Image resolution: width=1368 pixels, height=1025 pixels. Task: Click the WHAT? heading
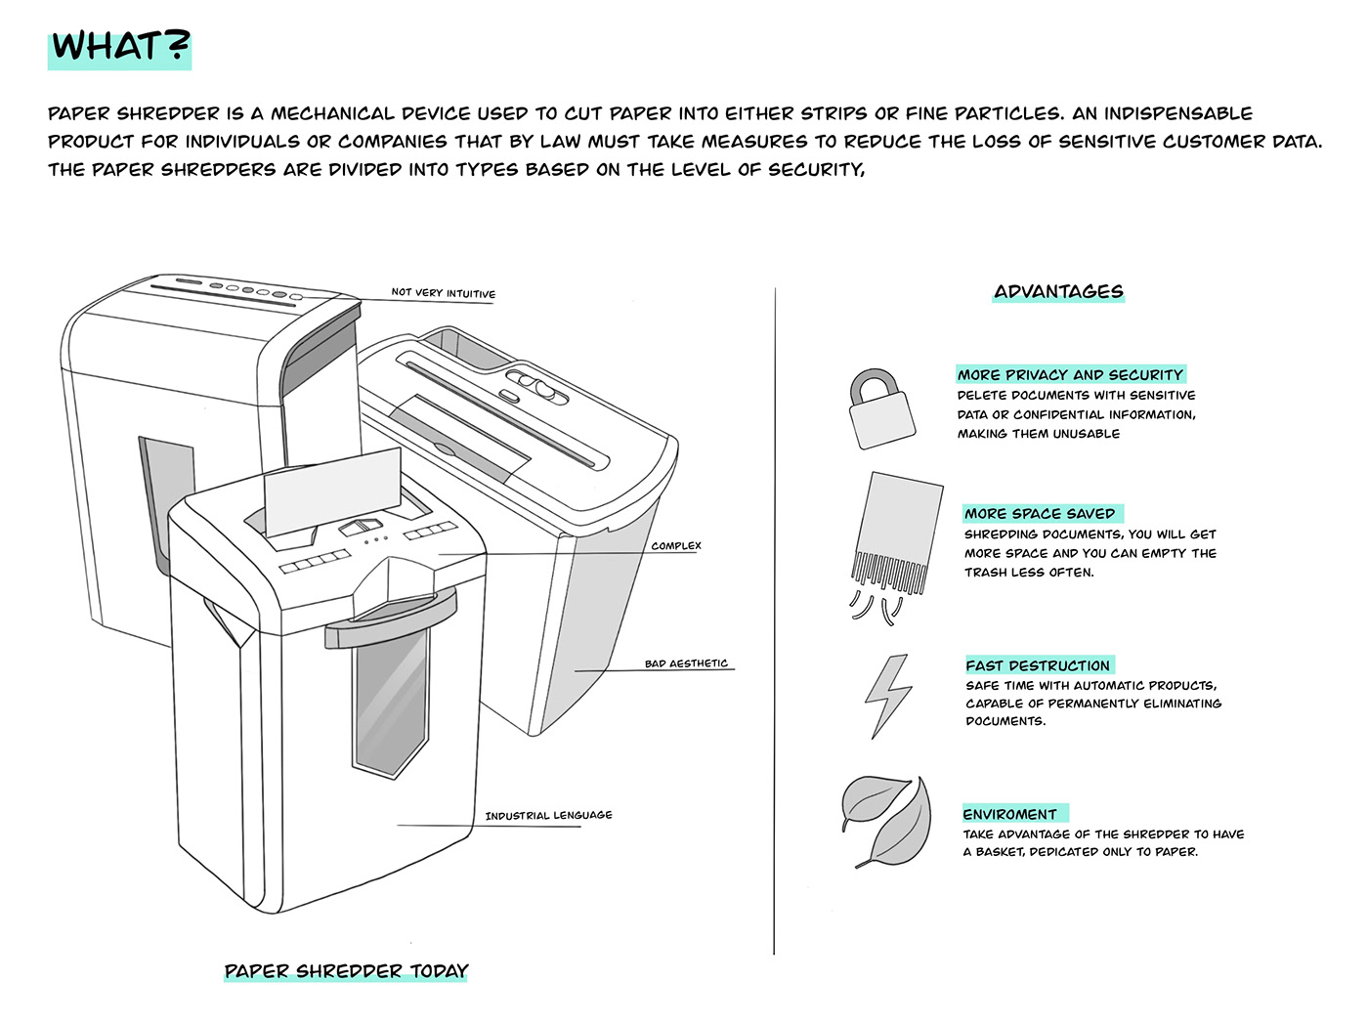119,47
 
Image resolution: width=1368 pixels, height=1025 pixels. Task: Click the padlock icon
880,408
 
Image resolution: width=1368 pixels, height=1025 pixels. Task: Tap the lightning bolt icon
888,695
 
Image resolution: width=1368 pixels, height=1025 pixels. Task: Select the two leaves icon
886,821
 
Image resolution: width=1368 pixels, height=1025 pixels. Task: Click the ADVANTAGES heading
1058,291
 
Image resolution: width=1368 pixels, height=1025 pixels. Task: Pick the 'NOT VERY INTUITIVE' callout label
443,292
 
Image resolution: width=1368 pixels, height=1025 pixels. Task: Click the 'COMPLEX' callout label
676,545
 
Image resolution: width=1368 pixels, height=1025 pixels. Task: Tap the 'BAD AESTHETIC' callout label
686,663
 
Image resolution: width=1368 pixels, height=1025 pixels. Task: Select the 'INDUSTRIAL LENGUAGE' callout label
548,815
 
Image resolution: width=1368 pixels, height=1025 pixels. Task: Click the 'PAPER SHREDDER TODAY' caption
346,970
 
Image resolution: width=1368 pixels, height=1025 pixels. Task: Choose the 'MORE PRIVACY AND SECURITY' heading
1070,374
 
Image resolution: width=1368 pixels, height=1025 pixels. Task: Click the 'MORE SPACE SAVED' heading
1040,513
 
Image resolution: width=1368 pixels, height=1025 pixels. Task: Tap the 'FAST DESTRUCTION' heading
1038,665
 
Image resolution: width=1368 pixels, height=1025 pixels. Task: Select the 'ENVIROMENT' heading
1010,814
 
